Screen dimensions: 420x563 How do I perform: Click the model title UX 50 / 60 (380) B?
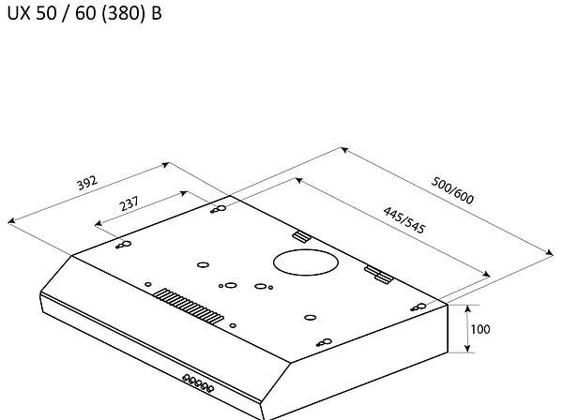[x=84, y=16]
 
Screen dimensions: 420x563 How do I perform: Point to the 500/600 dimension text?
[x=451, y=190]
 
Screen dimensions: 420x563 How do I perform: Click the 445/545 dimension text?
[x=404, y=223]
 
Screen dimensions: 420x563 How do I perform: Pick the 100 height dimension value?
[x=479, y=329]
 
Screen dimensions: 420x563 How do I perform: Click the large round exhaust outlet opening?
[x=302, y=262]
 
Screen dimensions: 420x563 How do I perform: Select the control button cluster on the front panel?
[x=198, y=382]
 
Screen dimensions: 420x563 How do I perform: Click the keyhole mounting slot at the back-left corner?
[x=123, y=246]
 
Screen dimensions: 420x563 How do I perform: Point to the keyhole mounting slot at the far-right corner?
[x=419, y=307]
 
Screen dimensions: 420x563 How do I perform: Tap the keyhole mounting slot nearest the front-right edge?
[x=321, y=342]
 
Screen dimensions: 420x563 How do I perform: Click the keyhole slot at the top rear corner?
[x=218, y=209]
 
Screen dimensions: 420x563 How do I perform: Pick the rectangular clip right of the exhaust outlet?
[x=377, y=273]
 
